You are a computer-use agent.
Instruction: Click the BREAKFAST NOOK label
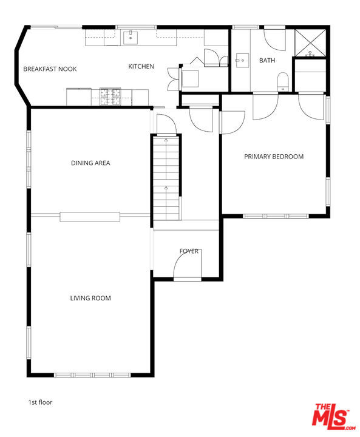tap(50, 69)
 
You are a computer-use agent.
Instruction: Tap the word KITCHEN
tap(141, 66)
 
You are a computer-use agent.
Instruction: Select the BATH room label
tap(267, 60)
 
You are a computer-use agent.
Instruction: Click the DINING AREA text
tap(90, 163)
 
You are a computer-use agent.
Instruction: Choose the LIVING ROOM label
tap(90, 298)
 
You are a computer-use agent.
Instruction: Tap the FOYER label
tap(189, 251)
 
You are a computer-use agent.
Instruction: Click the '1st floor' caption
tap(41, 402)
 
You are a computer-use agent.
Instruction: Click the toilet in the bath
tap(283, 82)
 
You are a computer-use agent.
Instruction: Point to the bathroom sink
tap(242, 60)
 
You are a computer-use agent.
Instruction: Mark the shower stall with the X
tap(310, 41)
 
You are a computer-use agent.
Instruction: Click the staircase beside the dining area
tap(166, 178)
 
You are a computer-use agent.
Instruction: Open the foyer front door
tap(186, 268)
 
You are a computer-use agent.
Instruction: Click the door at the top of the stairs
tap(165, 124)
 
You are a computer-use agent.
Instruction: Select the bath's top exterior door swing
tap(275, 39)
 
